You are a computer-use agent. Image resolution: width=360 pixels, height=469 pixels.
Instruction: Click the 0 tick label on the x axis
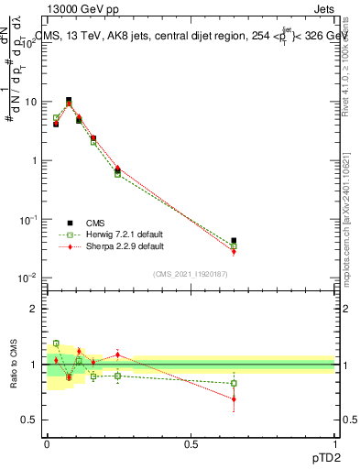click(47, 445)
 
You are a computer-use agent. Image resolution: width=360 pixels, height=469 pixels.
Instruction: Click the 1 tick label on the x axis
click(335, 445)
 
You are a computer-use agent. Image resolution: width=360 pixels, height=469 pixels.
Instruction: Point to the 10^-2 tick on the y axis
click(31, 278)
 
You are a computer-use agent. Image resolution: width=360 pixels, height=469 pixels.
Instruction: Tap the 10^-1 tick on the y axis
click(31, 219)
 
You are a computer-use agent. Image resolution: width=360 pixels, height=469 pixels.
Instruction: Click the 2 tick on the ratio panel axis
click(38, 309)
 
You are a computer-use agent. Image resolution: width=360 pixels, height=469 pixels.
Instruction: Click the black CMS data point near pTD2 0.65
click(234, 240)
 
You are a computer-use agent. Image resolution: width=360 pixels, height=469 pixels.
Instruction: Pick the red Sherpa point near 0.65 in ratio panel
click(234, 399)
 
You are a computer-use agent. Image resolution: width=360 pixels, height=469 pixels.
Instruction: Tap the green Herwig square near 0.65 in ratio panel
click(234, 384)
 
